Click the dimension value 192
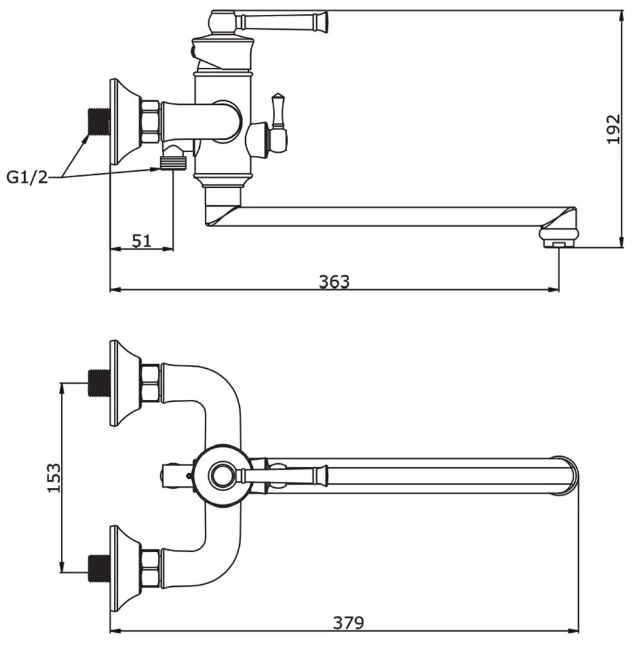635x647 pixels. pos(614,129)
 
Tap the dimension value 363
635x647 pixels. pos(334,281)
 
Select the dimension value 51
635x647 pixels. pos(142,241)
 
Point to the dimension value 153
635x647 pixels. pos(54,477)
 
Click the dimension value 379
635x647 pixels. pos(349,622)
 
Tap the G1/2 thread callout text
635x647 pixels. pos(27,177)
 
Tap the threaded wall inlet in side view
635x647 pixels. pos(100,122)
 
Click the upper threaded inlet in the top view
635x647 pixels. pos(100,383)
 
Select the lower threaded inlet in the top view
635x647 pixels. pos(100,568)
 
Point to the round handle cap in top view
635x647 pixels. pos(222,476)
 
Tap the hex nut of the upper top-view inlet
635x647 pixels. pos(151,383)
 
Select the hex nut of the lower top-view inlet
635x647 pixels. pos(151,569)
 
